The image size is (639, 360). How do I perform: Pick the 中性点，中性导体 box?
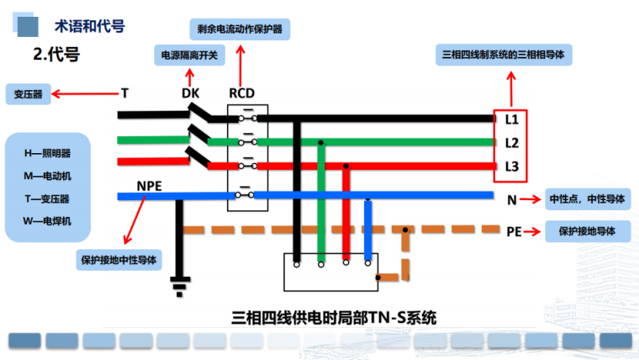587,199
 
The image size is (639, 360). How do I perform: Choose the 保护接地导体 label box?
587,230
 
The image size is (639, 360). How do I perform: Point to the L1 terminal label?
511,120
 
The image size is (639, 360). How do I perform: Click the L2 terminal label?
511,143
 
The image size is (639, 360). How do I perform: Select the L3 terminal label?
511,166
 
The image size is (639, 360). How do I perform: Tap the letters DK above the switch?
191,93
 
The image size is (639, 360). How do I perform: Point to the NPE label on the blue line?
149,184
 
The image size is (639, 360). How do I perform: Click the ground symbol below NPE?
177,285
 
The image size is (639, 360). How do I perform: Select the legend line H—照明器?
47,154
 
